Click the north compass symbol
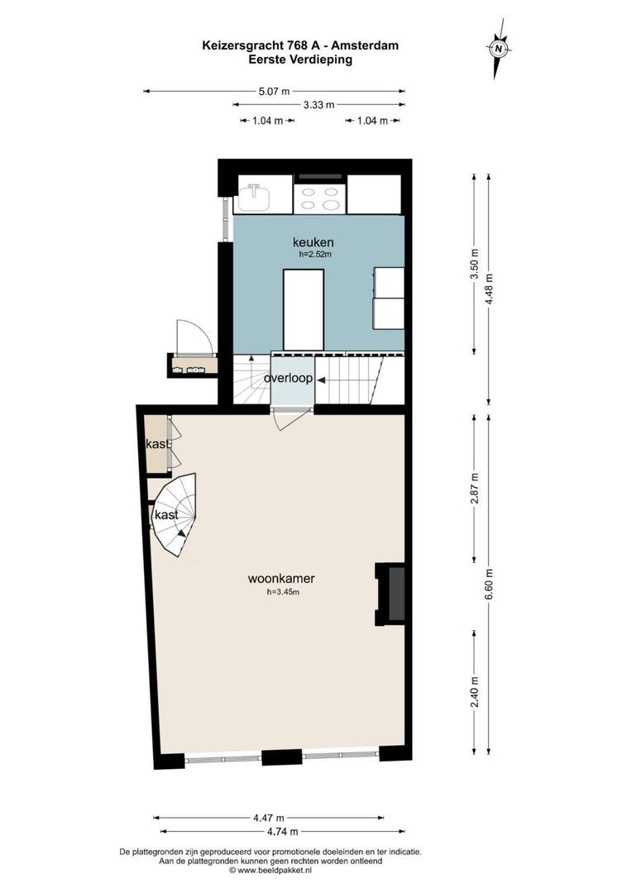coord(499,49)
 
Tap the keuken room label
coord(313,242)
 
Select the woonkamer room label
coord(281,579)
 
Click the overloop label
coord(288,379)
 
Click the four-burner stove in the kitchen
coord(320,199)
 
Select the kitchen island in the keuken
coord(304,309)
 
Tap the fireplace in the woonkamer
coord(392,595)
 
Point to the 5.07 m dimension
coord(274,92)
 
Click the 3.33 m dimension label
coord(318,105)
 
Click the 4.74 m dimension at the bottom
coord(281,831)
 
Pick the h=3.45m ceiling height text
coord(282,592)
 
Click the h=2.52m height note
coord(315,255)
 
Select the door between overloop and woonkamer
coord(290,419)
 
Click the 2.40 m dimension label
coord(474,689)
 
